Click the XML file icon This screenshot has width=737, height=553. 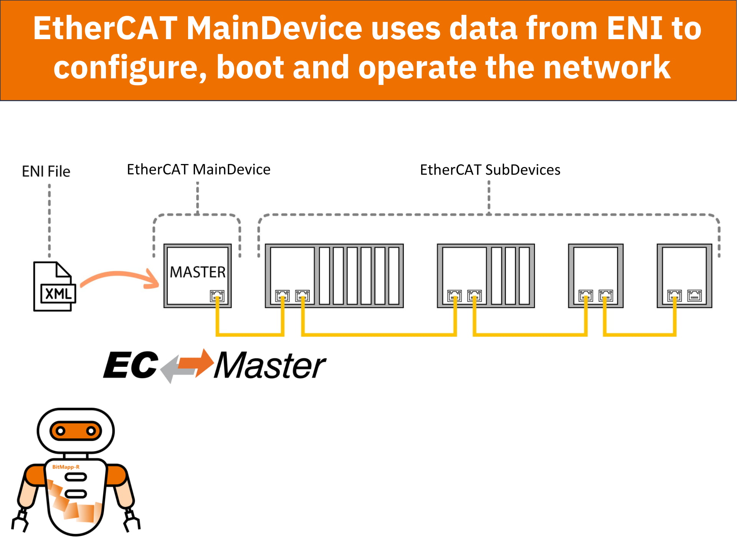(54, 286)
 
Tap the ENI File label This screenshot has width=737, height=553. (46, 171)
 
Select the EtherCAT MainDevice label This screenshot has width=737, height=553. (198, 169)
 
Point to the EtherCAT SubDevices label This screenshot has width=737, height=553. (490, 170)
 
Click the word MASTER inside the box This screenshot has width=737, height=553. (197, 272)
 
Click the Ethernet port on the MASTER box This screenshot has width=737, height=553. (217, 296)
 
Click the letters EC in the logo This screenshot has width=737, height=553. (131, 365)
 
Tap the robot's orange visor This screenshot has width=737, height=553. (76, 431)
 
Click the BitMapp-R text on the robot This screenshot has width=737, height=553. (66, 467)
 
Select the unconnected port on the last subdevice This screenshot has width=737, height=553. (694, 296)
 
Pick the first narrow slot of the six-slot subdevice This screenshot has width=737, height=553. (324, 275)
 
